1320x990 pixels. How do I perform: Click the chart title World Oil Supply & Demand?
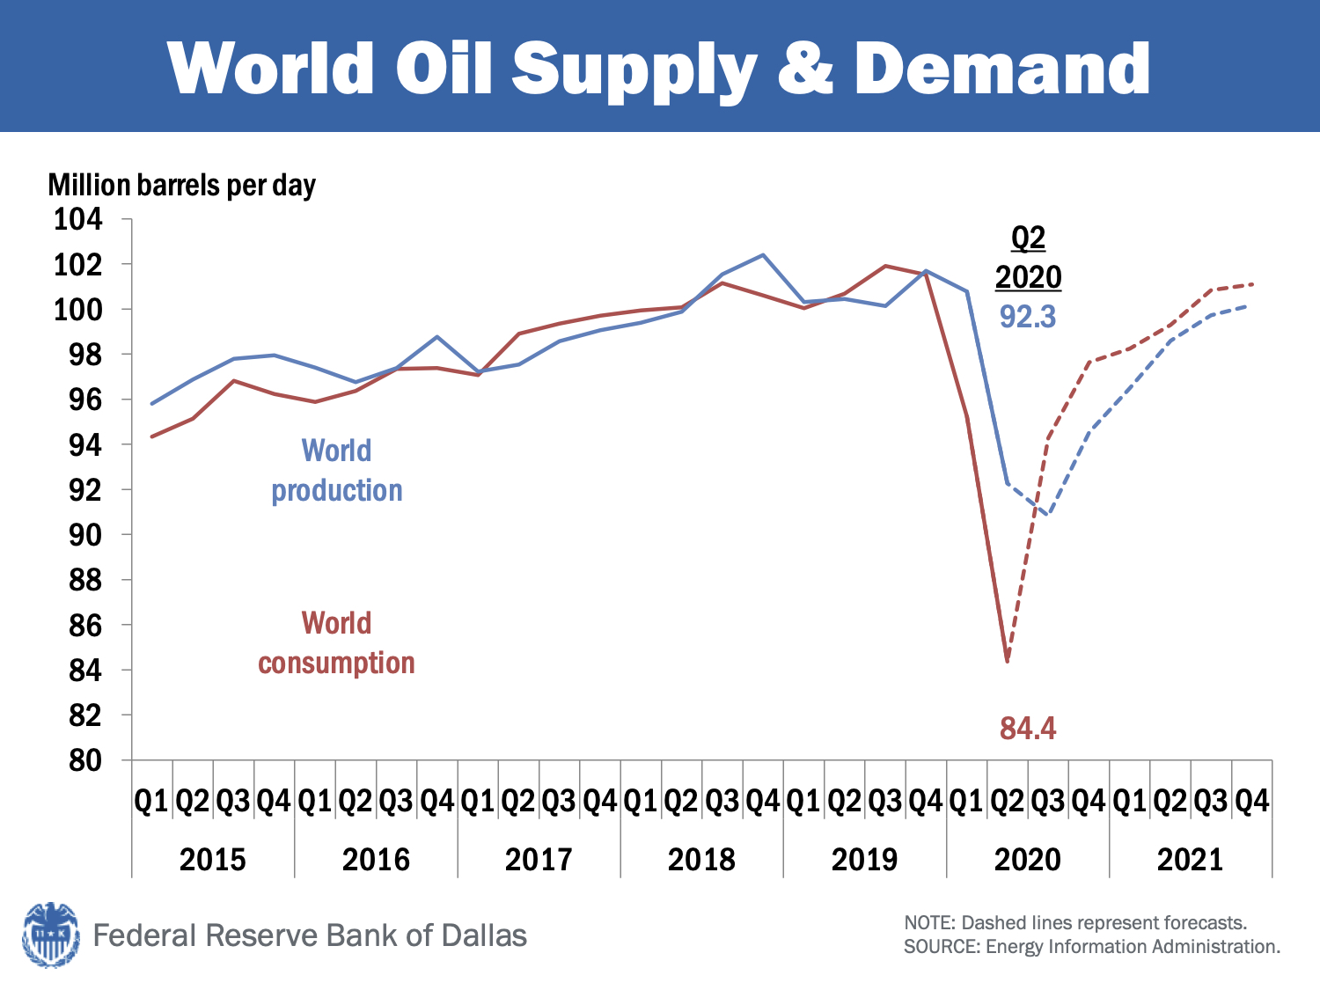(x=658, y=68)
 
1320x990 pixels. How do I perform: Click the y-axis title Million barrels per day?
(x=181, y=185)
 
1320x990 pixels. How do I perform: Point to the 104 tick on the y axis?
(x=78, y=218)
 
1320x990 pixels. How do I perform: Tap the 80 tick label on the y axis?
(x=85, y=760)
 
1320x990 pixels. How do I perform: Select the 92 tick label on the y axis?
(x=85, y=489)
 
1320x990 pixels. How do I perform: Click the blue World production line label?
(x=336, y=470)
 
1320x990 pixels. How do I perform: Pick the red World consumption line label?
(x=336, y=642)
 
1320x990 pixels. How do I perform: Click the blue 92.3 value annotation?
(x=1027, y=317)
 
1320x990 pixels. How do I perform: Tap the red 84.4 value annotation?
(x=1027, y=729)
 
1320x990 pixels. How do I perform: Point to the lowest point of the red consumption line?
(x=1007, y=661)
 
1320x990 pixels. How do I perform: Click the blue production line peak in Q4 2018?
(x=763, y=255)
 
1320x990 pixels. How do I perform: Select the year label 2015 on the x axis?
(x=213, y=859)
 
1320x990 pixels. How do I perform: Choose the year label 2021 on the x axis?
(x=1190, y=859)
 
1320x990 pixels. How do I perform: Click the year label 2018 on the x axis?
(x=701, y=859)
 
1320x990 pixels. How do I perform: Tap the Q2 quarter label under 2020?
(x=1007, y=801)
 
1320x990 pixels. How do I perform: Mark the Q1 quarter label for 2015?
(x=151, y=801)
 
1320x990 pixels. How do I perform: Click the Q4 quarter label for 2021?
(x=1251, y=801)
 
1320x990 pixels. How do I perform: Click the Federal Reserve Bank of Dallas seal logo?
(x=50, y=935)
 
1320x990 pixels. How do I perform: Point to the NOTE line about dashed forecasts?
(x=1075, y=923)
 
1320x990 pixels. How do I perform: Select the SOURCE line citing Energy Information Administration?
(x=1091, y=947)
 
